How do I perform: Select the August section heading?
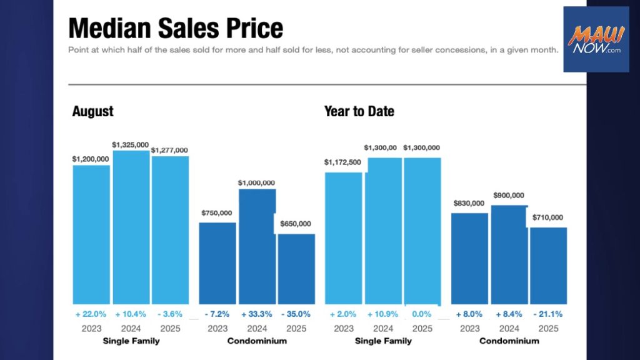(93, 112)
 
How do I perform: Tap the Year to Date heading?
(359, 112)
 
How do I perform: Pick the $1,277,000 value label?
(169, 150)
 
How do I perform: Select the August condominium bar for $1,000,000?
(257, 246)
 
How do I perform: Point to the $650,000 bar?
(296, 269)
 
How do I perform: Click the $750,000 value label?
(217, 212)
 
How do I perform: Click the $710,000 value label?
(548, 217)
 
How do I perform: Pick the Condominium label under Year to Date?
(509, 341)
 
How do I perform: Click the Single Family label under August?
(131, 341)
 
